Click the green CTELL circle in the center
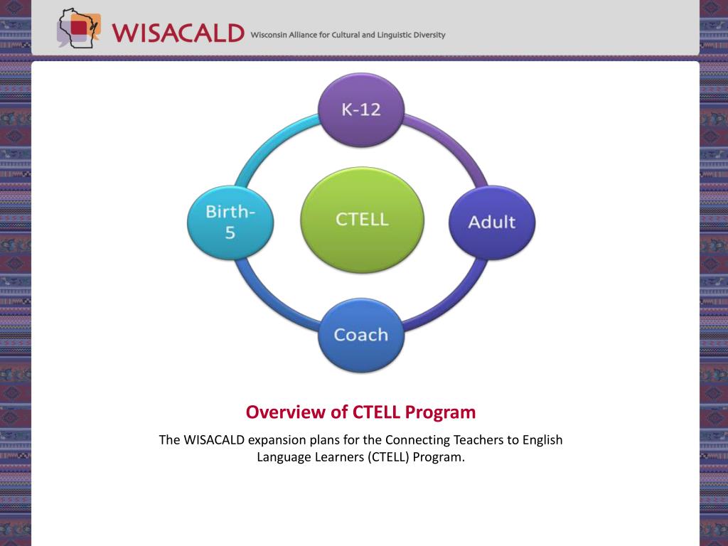click(362, 220)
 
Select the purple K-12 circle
click(360, 110)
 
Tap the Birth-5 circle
click(230, 223)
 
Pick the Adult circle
click(492, 223)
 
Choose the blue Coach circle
click(360, 335)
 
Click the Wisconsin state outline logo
click(78, 28)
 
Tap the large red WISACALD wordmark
click(178, 33)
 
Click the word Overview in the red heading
click(286, 412)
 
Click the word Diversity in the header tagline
click(430, 36)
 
